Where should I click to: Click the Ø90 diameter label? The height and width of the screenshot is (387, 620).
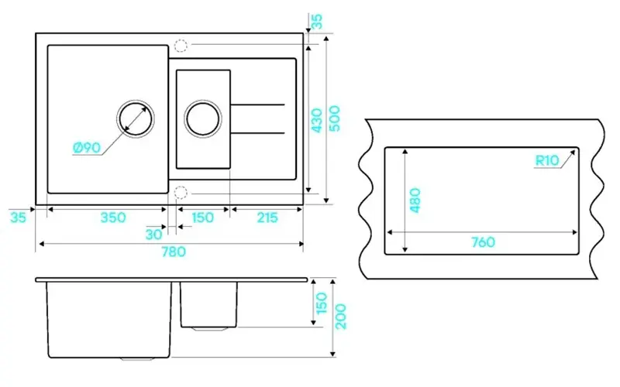tap(87, 148)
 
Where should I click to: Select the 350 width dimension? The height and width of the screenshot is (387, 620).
tap(113, 217)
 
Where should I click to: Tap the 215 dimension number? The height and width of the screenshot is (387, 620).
tap(267, 217)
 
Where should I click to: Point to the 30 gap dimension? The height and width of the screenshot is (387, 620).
tap(153, 235)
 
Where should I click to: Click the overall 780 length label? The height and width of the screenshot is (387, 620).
tap(174, 252)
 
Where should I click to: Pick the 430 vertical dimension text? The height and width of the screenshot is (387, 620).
tap(317, 121)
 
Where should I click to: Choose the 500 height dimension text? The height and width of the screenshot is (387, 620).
tap(335, 118)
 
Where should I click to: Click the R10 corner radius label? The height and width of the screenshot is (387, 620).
tap(547, 160)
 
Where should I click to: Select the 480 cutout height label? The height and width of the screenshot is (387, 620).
tap(415, 200)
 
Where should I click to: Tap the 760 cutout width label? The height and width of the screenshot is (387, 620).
tap(483, 241)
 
